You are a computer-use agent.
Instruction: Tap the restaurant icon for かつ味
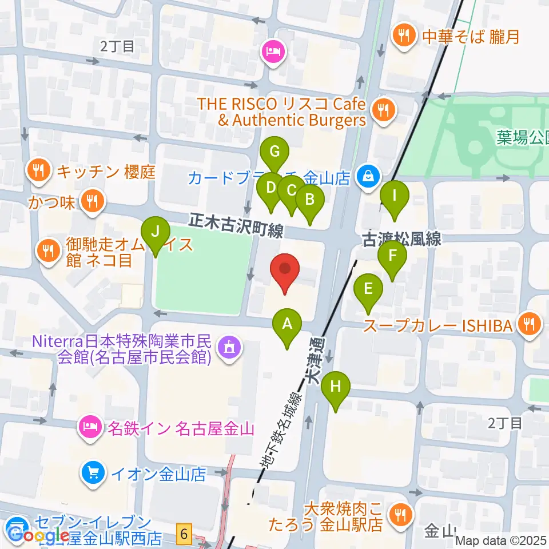(x=91, y=201)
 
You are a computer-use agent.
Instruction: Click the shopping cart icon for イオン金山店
(x=92, y=473)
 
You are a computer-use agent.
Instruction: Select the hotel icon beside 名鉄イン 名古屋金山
(x=91, y=426)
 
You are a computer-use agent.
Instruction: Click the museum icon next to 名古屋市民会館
(x=229, y=345)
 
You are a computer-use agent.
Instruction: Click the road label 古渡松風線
(x=403, y=238)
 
